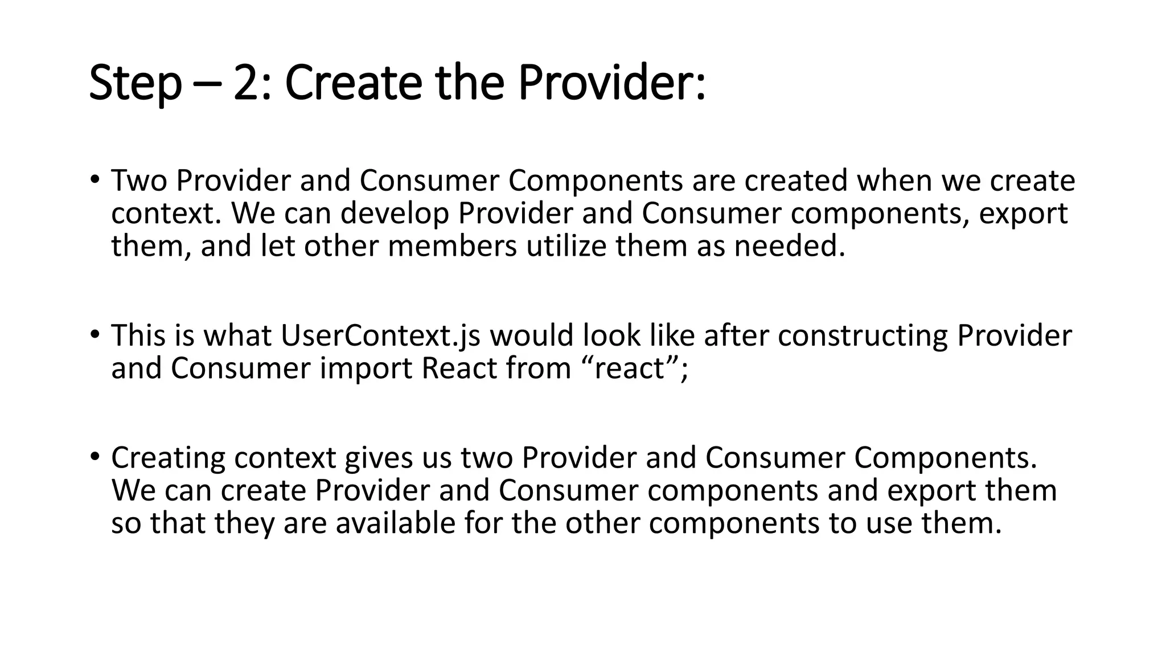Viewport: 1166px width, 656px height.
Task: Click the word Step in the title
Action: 135,83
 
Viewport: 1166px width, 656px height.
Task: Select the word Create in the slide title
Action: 353,83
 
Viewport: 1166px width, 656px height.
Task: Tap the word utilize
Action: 566,246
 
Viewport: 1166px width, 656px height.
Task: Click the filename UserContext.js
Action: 380,335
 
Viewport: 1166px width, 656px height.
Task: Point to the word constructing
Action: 863,335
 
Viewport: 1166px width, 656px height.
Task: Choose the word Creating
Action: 168,458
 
